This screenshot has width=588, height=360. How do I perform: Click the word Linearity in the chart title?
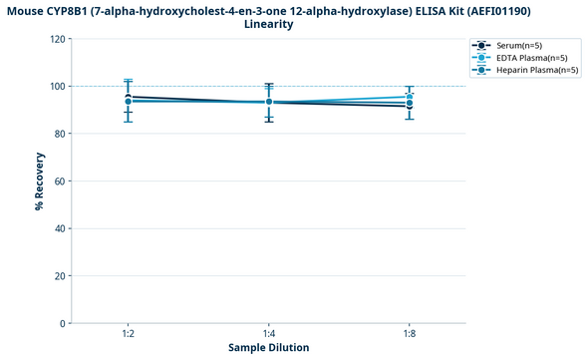(x=268, y=24)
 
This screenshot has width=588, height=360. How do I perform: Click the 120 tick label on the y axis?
(x=58, y=39)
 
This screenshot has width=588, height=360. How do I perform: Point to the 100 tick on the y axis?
(x=58, y=87)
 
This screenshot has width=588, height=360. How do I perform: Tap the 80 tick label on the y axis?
(x=61, y=134)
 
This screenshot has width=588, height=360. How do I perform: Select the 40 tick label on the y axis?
(x=61, y=228)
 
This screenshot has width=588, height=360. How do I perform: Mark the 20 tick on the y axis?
(x=61, y=276)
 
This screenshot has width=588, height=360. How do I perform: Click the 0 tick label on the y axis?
(x=64, y=323)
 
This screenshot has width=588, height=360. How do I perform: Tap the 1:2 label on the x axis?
(x=129, y=332)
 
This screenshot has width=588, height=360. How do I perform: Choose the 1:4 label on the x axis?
(x=269, y=332)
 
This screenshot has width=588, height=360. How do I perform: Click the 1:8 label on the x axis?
(x=410, y=332)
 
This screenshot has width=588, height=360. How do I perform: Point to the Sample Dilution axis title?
(x=268, y=347)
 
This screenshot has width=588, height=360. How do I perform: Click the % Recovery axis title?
(x=39, y=181)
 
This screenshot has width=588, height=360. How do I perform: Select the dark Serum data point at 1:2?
(x=129, y=97)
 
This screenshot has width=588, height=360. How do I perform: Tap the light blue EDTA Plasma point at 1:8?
(x=410, y=97)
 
